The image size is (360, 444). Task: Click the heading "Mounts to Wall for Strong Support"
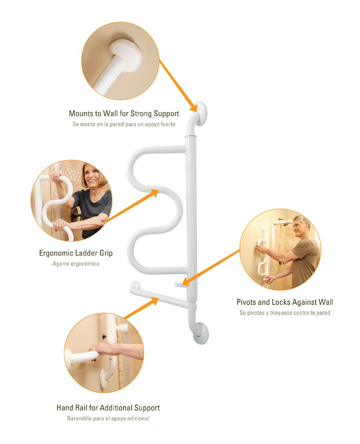124,113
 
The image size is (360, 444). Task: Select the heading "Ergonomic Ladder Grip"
76,253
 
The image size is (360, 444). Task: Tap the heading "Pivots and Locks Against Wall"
285,302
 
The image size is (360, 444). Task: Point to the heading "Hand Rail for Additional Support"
108,408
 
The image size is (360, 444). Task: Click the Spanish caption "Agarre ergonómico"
76,264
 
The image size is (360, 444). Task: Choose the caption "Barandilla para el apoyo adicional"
108,418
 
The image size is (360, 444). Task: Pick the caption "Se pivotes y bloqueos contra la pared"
285,313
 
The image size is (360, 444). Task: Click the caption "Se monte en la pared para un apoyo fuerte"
124,124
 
